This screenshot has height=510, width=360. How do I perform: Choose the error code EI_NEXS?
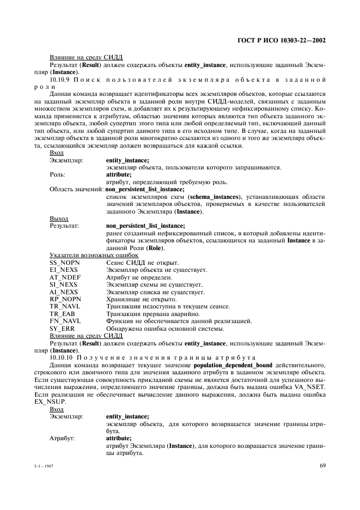63,270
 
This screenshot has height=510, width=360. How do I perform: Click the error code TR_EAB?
62,314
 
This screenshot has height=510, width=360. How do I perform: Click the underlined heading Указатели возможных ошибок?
94,255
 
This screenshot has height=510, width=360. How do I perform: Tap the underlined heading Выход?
59,218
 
